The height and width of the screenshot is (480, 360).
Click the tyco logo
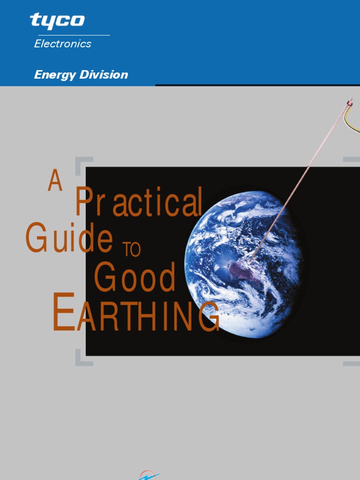click(x=57, y=21)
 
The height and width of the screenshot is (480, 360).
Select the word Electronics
click(x=63, y=44)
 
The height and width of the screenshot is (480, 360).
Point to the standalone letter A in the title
click(x=55, y=181)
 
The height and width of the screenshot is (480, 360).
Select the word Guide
click(x=69, y=239)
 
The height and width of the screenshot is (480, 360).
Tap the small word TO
click(x=131, y=250)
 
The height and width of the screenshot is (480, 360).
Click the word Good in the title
click(x=135, y=277)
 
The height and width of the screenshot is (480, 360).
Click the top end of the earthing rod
click(x=349, y=101)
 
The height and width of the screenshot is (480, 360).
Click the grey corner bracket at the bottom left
click(x=81, y=361)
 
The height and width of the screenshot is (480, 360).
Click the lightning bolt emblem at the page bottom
click(x=149, y=475)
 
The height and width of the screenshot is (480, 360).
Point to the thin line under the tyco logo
click(x=70, y=35)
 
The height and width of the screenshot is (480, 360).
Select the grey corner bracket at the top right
click(x=352, y=160)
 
